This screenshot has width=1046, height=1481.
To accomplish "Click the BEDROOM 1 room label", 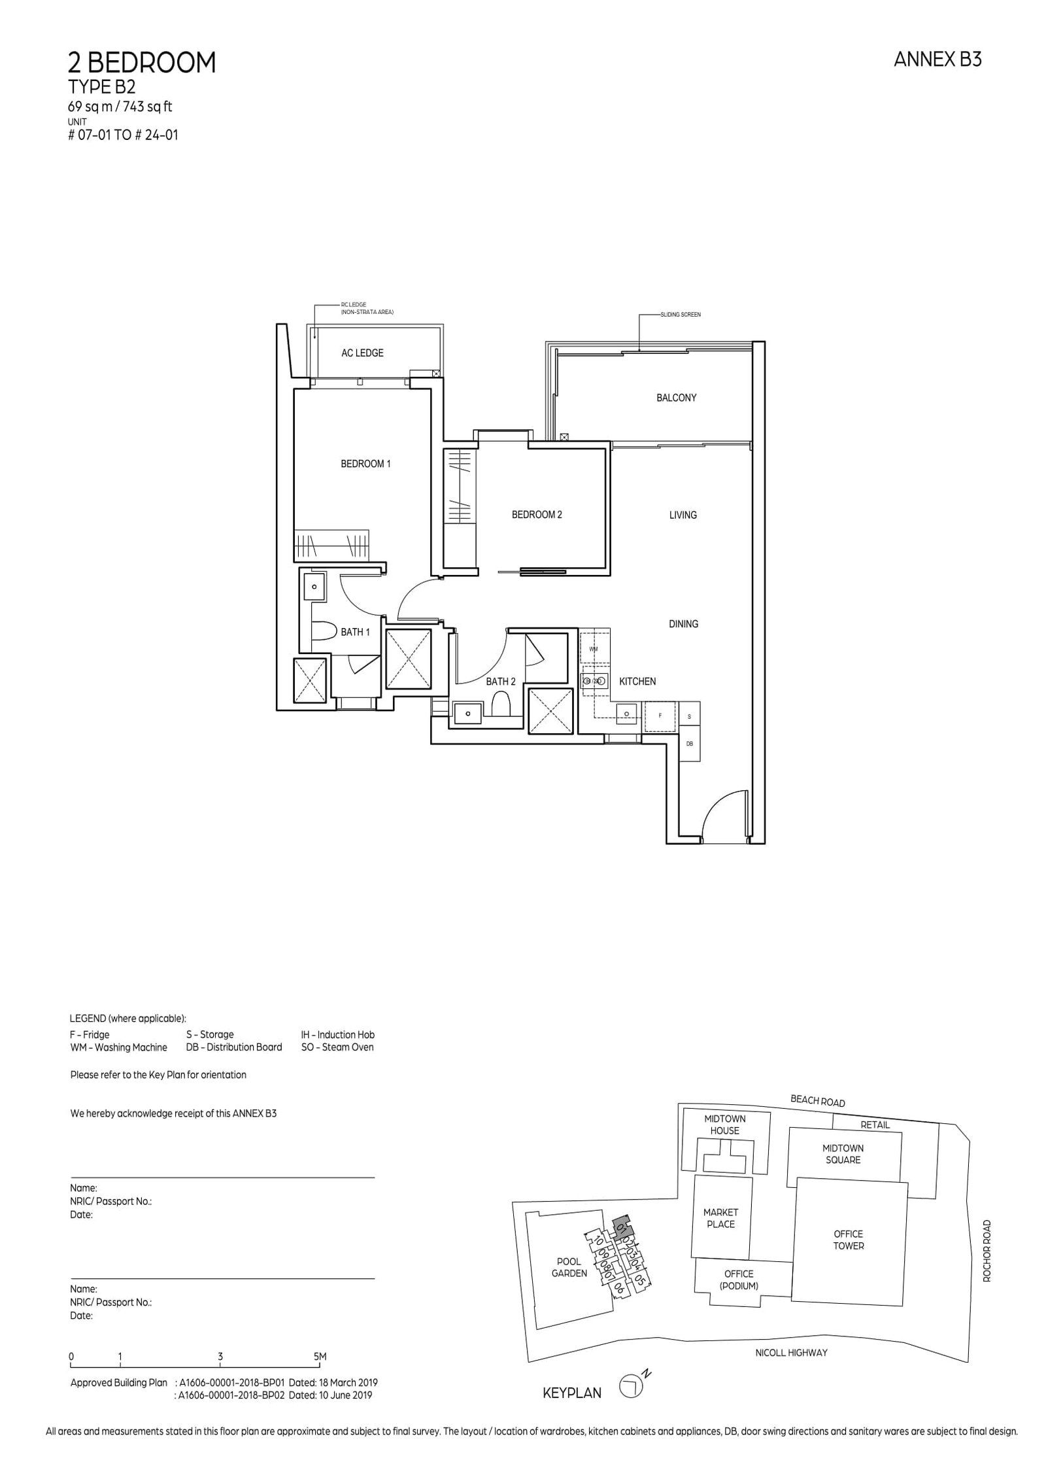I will (365, 464).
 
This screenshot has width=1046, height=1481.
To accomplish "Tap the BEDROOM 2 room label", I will (537, 515).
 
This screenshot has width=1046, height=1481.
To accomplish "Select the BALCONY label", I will (676, 398).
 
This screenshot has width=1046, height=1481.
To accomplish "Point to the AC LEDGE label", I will (362, 353).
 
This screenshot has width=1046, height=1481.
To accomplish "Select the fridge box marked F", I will (660, 716).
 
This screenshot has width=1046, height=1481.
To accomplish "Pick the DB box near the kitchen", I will (689, 744).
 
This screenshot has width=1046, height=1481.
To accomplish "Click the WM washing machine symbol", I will (594, 648).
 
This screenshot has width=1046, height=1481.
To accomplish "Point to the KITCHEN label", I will (637, 682).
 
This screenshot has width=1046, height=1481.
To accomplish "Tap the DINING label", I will (683, 624).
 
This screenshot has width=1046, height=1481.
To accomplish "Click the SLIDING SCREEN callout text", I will (680, 315).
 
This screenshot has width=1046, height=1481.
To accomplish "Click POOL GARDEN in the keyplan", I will (569, 1268).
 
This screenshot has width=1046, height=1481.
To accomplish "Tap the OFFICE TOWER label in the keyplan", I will (848, 1240).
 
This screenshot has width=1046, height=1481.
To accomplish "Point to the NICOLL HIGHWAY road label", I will (791, 1352).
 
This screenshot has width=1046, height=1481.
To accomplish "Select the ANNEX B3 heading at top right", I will (937, 60).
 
